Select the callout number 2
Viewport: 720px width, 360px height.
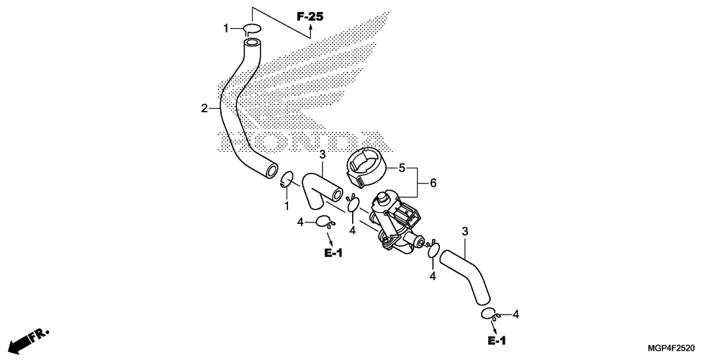click(204, 109)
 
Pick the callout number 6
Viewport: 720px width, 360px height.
click(433, 184)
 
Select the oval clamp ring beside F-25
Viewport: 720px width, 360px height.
click(251, 29)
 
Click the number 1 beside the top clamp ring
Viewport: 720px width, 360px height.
click(225, 28)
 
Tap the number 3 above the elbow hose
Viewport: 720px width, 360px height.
click(323, 155)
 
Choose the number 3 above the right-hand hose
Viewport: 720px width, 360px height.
click(465, 231)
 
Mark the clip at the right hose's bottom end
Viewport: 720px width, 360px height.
click(488, 313)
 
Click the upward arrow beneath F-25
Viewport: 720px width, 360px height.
click(310, 30)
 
